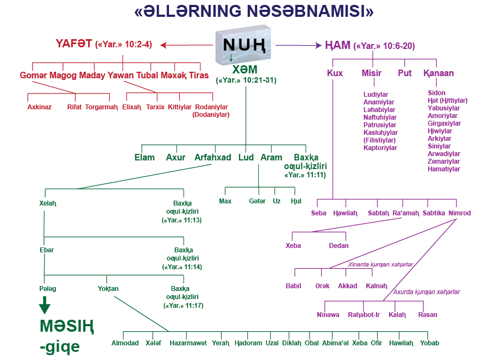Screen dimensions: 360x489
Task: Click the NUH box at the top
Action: click(x=243, y=44)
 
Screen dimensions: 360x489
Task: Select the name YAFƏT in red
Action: click(x=73, y=44)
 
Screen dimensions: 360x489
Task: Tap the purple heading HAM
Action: click(x=337, y=46)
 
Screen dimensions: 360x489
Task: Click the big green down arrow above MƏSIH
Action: click(x=45, y=306)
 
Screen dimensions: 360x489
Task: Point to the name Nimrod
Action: click(x=460, y=213)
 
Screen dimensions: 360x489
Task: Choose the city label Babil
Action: click(x=293, y=285)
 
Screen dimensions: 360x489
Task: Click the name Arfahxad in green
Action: click(x=213, y=158)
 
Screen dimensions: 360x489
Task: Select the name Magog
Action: click(x=63, y=76)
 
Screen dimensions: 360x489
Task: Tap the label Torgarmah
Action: click(x=101, y=107)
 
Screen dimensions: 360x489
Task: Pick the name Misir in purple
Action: click(x=372, y=73)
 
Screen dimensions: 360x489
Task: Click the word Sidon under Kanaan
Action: click(x=436, y=93)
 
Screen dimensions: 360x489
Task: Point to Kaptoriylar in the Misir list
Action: click(x=380, y=148)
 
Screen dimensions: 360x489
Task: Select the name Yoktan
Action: click(x=108, y=289)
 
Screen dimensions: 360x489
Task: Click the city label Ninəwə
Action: click(x=328, y=315)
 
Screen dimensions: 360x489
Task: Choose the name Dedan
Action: click(x=338, y=246)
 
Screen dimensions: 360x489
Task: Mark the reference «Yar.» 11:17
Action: click(x=183, y=306)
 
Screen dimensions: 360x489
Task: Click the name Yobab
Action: click(x=430, y=343)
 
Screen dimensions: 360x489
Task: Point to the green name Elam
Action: click(x=145, y=158)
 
